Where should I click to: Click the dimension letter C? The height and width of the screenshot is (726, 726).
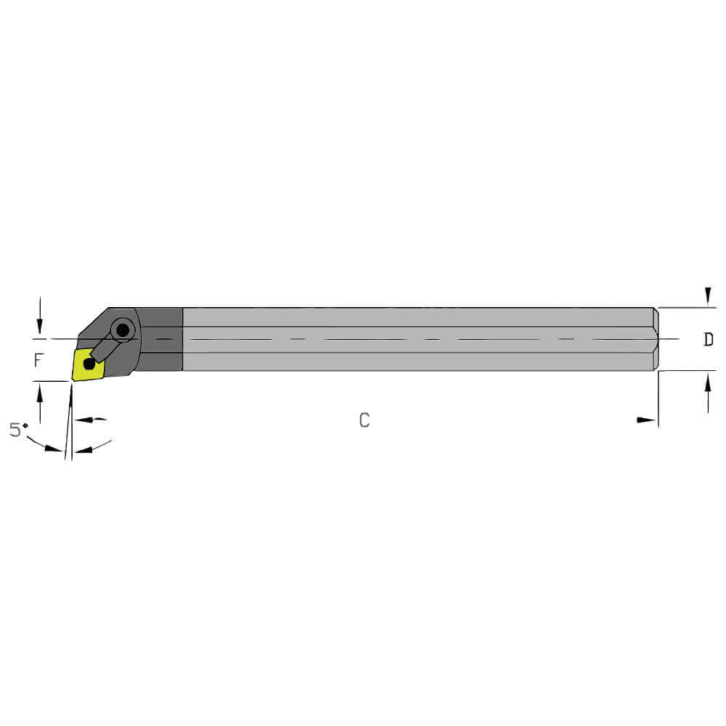click(364, 420)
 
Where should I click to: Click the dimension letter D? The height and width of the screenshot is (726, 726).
click(708, 340)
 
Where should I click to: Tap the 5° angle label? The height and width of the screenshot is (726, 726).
click(18, 430)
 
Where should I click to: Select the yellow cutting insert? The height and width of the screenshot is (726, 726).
click(87, 364)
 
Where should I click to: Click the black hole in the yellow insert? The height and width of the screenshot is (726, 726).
click(89, 363)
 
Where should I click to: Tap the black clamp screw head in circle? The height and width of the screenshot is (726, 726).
click(123, 331)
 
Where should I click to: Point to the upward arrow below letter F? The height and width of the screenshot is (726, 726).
click(40, 396)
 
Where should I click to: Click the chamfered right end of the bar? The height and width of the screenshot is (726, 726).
click(656, 339)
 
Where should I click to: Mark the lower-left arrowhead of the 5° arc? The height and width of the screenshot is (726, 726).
click(52, 448)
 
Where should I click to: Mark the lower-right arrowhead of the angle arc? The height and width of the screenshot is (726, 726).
click(86, 449)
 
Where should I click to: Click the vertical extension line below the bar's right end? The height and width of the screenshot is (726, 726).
click(658, 399)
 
